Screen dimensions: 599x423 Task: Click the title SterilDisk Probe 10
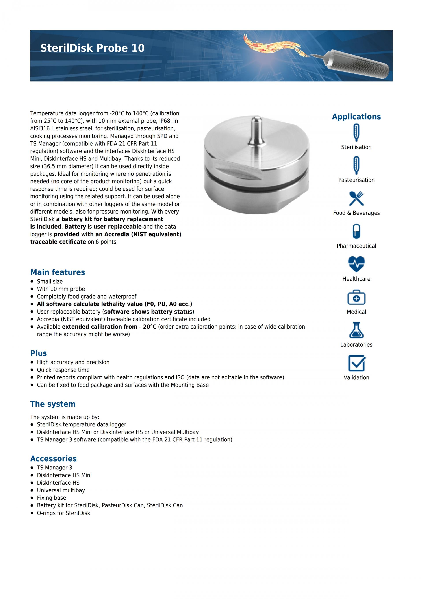coord(92,48)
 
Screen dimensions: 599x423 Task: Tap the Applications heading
coord(356,117)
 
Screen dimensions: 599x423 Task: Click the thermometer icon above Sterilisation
coord(356,132)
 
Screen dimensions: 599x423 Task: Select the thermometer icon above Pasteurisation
coord(356,165)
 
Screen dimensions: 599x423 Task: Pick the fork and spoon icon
coord(356,198)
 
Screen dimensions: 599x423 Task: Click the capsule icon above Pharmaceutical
coord(356,231)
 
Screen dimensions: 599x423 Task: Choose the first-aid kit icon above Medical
coord(356,297)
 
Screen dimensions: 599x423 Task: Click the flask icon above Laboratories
coord(356,330)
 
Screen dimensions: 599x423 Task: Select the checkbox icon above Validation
coord(356,363)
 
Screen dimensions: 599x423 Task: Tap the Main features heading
coord(58,272)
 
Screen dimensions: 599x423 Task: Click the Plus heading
coord(39,353)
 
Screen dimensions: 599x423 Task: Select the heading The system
coord(53,404)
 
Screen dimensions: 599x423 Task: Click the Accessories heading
coord(53,458)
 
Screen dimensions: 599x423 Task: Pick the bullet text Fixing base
coord(51,498)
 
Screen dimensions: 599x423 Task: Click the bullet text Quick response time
coord(63,370)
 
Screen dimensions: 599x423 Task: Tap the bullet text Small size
coord(50,281)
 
